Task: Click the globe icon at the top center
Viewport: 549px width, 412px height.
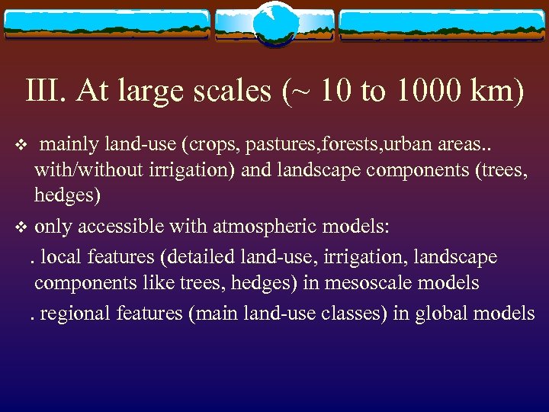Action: pyautogui.click(x=274, y=23)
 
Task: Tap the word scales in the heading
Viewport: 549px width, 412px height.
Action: pyautogui.click(x=227, y=92)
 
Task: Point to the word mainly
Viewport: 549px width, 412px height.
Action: pyautogui.click(x=64, y=144)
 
